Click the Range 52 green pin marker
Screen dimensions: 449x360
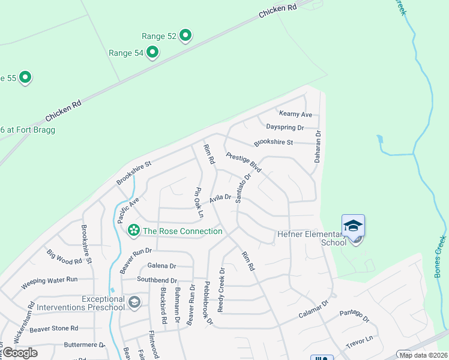pyautogui.click(x=185, y=36)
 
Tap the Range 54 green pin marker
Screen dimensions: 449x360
pyautogui.click(x=152, y=53)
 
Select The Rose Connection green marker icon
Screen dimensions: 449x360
pyautogui.click(x=133, y=230)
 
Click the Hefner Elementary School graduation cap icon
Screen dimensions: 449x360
pyautogui.click(x=353, y=225)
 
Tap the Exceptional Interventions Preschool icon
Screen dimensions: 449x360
pyautogui.click(x=134, y=302)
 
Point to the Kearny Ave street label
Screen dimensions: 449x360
pyautogui.click(x=295, y=114)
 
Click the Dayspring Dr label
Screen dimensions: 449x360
pyautogui.click(x=285, y=128)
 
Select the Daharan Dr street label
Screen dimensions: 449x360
pyautogui.click(x=319, y=148)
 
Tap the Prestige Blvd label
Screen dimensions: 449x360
pyautogui.click(x=244, y=163)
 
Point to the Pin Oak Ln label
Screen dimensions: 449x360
pyautogui.click(x=197, y=203)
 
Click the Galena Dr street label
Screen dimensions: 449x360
pyautogui.click(x=162, y=266)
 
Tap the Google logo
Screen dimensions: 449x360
pyautogui.click(x=20, y=352)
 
